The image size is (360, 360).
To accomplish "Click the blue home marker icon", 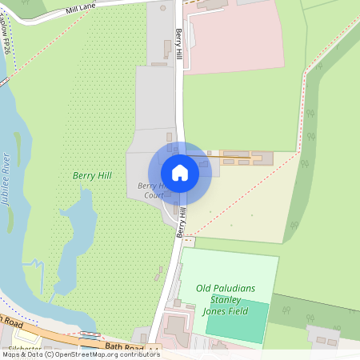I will [180, 173].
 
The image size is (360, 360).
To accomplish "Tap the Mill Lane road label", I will [81, 8].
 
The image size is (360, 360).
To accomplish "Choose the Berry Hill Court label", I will [149, 190].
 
